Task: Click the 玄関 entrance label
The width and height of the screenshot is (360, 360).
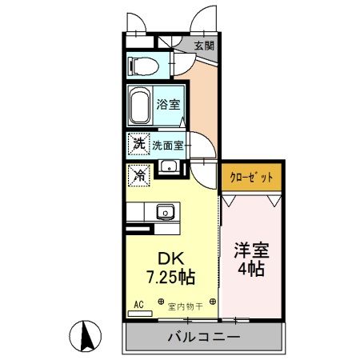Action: (204, 46)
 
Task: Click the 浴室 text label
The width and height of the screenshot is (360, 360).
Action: (169, 103)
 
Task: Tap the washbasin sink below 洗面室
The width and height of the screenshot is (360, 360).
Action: (169, 166)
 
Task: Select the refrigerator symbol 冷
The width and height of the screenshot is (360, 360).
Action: (138, 172)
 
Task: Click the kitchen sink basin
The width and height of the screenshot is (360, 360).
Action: (166, 211)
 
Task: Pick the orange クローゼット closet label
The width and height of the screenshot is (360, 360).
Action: (251, 177)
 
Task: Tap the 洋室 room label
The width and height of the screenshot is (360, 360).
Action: (251, 249)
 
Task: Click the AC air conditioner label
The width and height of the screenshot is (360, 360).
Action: (138, 305)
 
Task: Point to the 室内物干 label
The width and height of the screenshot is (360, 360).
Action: (186, 305)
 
